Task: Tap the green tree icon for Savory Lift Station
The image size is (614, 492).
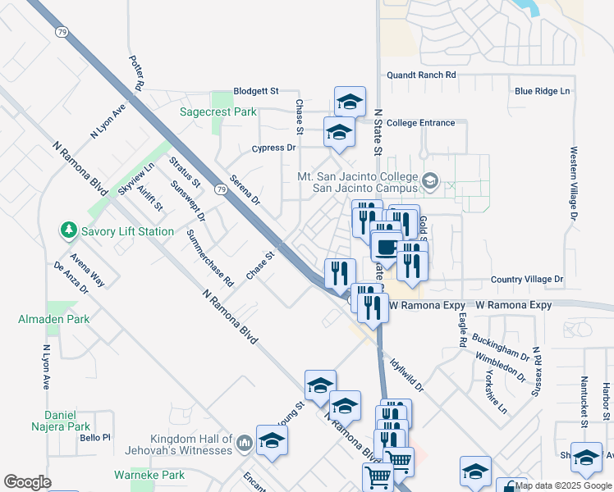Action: click(x=69, y=231)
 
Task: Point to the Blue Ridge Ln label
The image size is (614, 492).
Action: click(x=542, y=91)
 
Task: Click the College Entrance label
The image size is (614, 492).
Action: click(x=420, y=123)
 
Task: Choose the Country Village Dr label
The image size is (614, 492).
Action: click(x=527, y=280)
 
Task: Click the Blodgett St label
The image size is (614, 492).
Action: click(x=256, y=91)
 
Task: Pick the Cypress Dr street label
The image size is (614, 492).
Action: click(x=273, y=148)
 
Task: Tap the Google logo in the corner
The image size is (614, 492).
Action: click(x=27, y=481)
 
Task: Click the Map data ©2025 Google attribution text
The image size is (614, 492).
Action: click(x=563, y=485)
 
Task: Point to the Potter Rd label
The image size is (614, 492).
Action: click(x=137, y=74)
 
